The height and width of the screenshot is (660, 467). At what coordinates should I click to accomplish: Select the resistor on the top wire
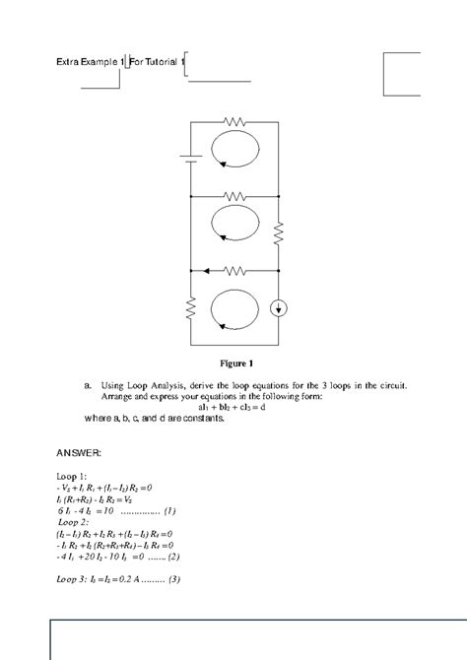click(x=233, y=121)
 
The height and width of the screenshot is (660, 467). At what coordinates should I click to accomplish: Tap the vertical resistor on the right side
click(x=279, y=232)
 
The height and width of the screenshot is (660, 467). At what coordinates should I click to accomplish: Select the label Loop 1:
click(x=73, y=476)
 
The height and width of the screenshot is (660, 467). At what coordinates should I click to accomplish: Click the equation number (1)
click(x=170, y=510)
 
